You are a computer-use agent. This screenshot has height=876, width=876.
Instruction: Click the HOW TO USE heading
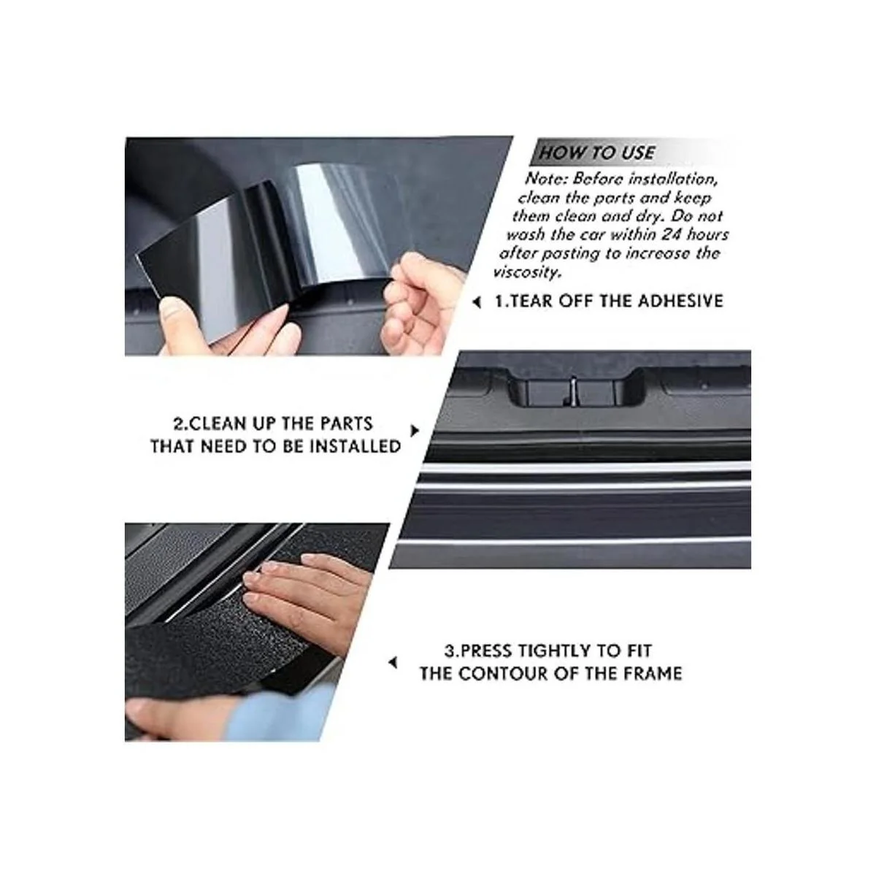coord(596,153)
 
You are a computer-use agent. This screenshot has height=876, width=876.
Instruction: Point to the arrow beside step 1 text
coord(477,301)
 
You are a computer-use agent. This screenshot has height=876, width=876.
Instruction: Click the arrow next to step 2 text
coord(415,430)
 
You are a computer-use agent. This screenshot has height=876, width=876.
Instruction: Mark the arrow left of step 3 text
coord(393,664)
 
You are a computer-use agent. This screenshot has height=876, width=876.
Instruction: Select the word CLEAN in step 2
coord(211,424)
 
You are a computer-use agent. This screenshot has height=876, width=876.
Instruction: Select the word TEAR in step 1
coord(531,301)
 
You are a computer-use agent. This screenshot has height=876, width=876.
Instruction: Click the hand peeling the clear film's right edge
coord(420,304)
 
